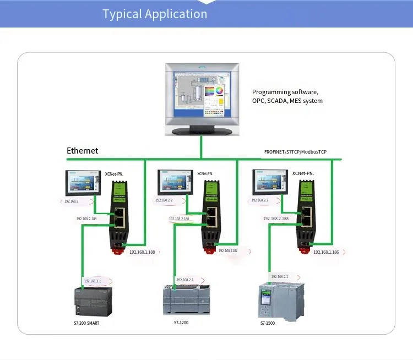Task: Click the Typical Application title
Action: (x=155, y=14)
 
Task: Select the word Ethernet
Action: (x=82, y=150)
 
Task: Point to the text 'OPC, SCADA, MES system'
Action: (x=287, y=101)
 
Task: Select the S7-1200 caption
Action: (x=181, y=323)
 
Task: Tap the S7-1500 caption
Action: (x=268, y=323)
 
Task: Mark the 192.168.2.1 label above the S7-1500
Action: (x=279, y=276)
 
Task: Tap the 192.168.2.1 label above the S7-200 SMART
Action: (x=92, y=281)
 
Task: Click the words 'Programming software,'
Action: (x=285, y=92)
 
